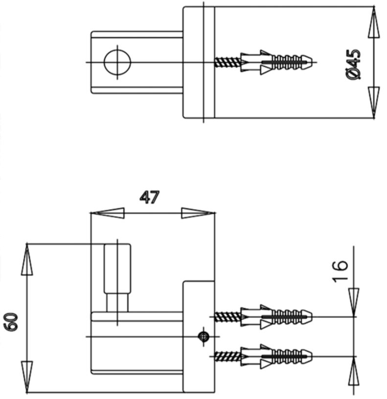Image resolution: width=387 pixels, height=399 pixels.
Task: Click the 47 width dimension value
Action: click(x=150, y=198)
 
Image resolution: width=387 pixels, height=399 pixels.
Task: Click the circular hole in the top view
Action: click(x=117, y=63)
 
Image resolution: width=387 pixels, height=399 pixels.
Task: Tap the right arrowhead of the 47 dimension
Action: click(x=198, y=213)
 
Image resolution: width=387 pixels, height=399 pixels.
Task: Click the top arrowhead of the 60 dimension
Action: click(x=27, y=260)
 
